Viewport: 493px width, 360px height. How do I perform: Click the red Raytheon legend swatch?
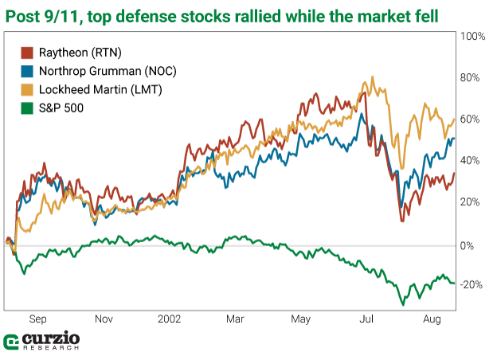coord(25,52)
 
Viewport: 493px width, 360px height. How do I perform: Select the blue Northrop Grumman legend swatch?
coord(25,70)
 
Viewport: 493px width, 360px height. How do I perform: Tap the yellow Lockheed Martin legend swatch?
coord(25,88)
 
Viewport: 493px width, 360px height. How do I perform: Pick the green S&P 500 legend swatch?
coord(25,107)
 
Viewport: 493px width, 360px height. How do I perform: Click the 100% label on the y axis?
coord(473,37)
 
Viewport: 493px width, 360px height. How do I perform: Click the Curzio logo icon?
coord(12,342)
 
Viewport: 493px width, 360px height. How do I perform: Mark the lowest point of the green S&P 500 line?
coord(402,304)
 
